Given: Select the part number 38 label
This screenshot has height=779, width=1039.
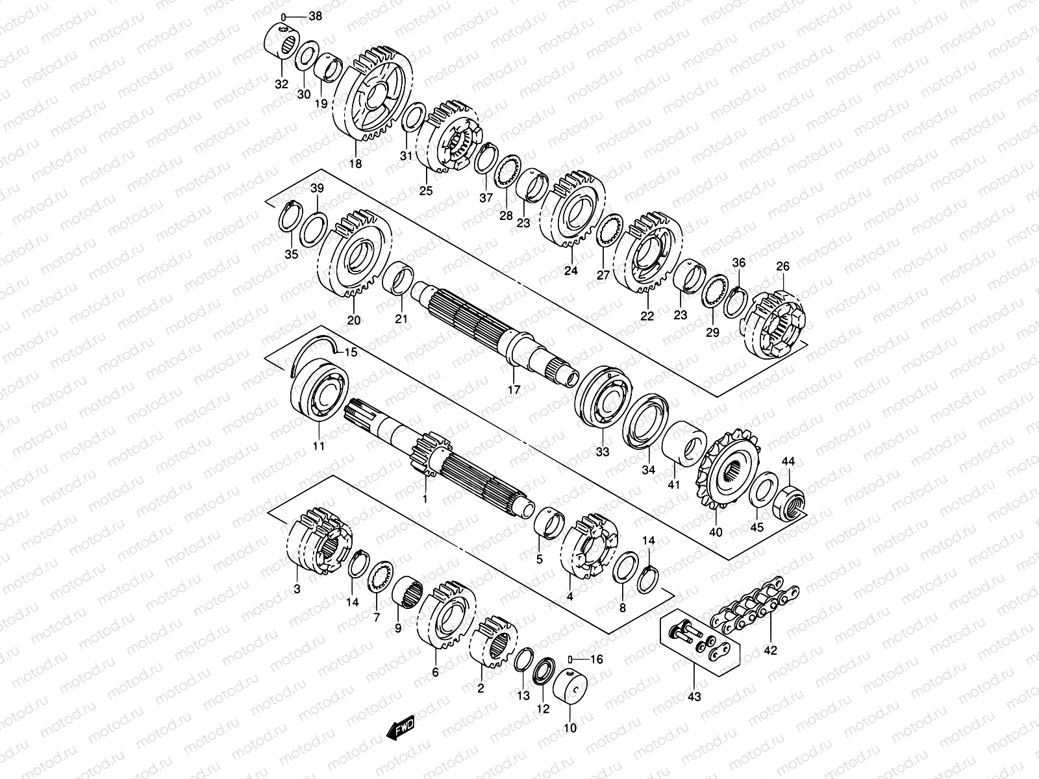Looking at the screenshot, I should (316, 17).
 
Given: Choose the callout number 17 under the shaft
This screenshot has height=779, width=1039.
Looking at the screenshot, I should (514, 390).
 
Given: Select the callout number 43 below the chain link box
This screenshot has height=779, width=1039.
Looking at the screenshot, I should (694, 697).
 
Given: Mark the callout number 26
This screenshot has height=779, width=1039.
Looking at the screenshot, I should (782, 266).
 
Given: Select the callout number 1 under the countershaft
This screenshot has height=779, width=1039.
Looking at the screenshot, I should (425, 499).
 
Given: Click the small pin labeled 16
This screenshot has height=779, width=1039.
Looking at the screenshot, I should (570, 660).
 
